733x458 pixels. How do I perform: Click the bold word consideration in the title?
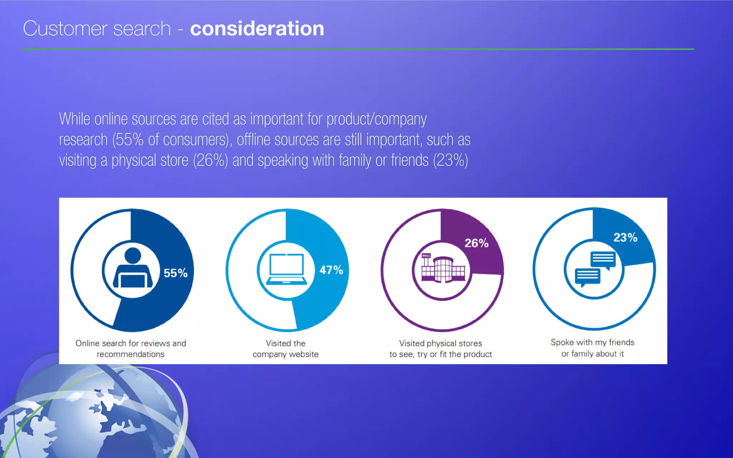tap(257, 29)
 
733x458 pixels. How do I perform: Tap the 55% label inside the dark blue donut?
tap(175, 273)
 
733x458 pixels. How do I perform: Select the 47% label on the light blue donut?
tap(331, 270)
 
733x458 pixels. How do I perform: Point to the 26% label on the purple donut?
tap(476, 243)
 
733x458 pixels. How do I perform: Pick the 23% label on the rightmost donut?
tap(625, 237)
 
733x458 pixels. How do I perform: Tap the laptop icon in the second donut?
tap(287, 269)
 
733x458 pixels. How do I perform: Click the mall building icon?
tap(443, 269)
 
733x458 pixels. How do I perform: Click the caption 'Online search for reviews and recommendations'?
tap(131, 349)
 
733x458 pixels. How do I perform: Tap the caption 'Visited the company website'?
tap(286, 349)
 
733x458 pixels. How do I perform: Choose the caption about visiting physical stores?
tap(441, 349)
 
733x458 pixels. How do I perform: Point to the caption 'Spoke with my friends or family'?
tap(592, 348)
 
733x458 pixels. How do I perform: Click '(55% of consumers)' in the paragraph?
tap(170, 140)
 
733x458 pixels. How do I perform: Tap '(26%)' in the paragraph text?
tap(210, 160)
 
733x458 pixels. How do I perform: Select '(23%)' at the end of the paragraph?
tap(450, 160)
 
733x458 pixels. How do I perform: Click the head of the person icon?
tap(133, 255)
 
